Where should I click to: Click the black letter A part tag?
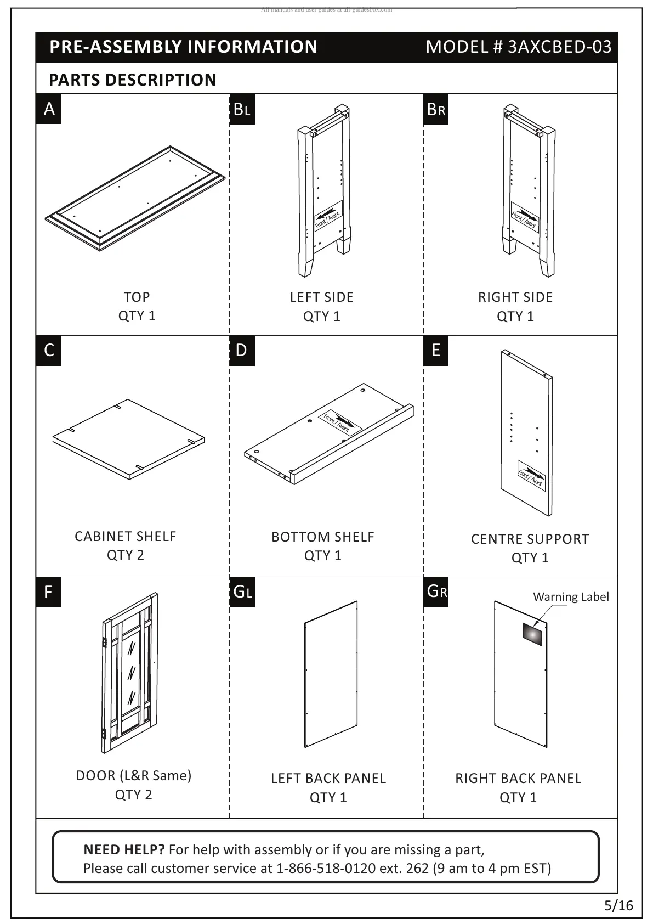click(x=49, y=109)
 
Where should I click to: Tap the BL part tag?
click(x=242, y=110)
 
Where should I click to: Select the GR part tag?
click(x=436, y=591)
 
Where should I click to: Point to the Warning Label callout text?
click(x=570, y=597)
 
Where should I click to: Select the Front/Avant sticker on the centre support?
click(x=531, y=476)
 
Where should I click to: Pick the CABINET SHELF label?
click(x=126, y=536)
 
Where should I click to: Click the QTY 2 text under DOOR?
click(x=133, y=795)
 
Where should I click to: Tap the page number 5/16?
click(x=618, y=905)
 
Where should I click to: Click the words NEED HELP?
click(x=124, y=849)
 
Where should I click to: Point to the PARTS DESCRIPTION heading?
click(x=133, y=80)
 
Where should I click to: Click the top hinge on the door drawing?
click(x=104, y=641)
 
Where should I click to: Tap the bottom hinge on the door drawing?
click(x=104, y=734)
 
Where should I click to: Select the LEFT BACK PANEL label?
click(x=328, y=778)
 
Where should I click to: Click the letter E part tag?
click(x=436, y=350)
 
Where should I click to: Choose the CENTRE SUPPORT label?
click(x=530, y=539)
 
